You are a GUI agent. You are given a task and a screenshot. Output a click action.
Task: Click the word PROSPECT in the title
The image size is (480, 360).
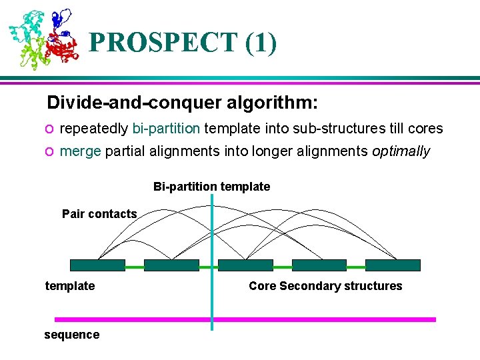point(163,43)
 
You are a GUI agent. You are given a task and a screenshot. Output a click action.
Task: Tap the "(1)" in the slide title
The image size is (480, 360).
point(261,43)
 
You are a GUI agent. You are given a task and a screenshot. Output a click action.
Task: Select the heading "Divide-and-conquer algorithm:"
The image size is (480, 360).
point(182,103)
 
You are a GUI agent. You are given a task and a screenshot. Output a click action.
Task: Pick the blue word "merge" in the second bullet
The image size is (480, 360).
point(80,151)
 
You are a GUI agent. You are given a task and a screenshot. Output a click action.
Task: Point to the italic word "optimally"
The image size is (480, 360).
point(401,151)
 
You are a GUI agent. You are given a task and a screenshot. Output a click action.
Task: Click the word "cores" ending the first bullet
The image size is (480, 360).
point(426,128)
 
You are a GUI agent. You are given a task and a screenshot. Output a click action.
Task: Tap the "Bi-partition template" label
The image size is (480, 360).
point(211,187)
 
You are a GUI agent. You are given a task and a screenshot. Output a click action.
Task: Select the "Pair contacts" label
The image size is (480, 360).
point(99,214)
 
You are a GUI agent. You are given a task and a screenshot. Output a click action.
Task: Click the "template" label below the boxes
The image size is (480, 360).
point(70,286)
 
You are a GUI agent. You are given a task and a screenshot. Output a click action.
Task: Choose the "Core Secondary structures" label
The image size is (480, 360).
point(325,286)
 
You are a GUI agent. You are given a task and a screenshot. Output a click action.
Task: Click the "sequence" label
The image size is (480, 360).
point(71,335)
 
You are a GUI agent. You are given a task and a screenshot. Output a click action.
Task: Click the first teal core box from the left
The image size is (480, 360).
point(97,265)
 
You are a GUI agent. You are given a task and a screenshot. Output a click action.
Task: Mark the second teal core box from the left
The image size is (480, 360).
point(171,265)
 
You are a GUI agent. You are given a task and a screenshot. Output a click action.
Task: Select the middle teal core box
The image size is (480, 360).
point(245,265)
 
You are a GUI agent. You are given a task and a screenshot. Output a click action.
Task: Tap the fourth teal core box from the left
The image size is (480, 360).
point(319,265)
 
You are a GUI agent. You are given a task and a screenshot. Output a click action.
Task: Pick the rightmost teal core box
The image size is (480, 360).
point(393,265)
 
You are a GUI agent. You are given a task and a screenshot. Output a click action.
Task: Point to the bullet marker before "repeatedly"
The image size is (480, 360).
point(50,129)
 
